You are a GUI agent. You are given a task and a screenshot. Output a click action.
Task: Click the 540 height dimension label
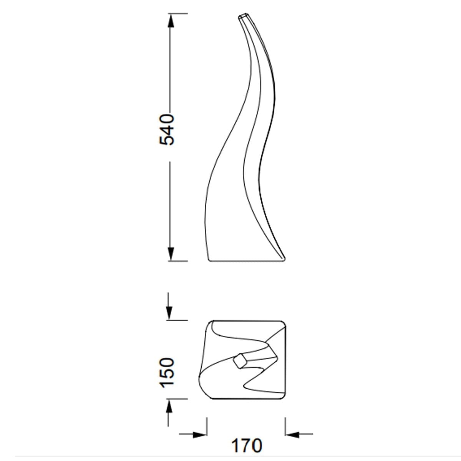[167, 130]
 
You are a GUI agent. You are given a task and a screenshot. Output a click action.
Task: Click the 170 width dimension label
[247, 446]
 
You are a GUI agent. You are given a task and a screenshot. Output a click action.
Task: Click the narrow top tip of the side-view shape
[242, 15]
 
